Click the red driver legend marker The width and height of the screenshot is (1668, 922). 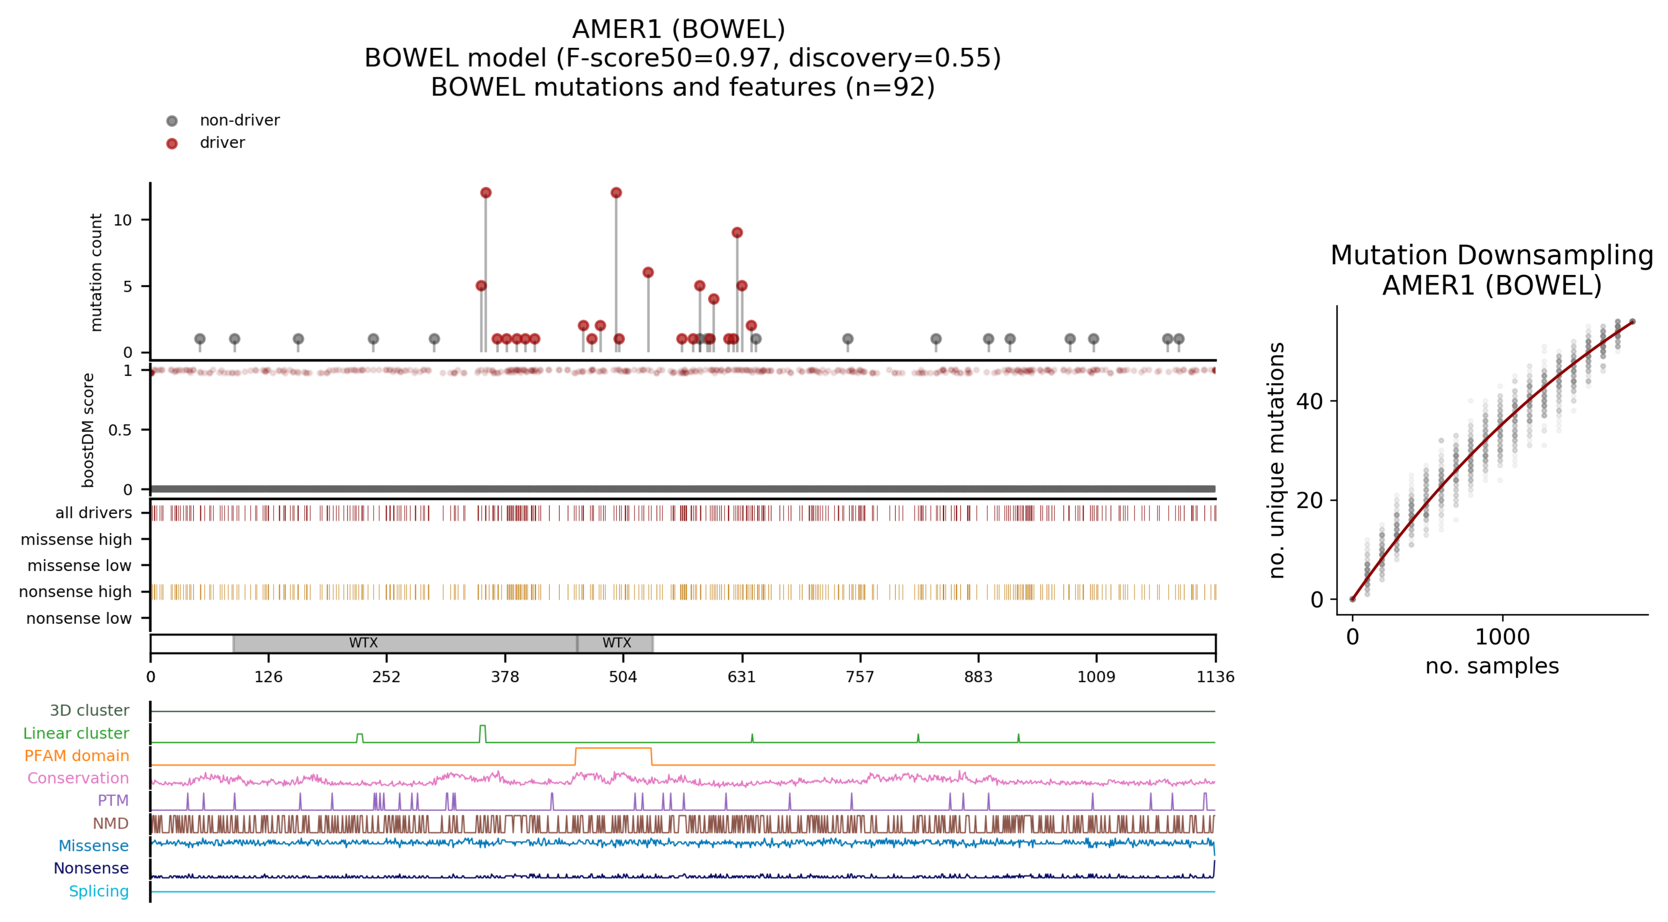point(172,143)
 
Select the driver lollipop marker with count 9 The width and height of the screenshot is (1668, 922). point(737,233)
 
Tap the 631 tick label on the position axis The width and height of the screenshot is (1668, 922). point(741,677)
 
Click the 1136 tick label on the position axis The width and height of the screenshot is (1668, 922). point(1215,677)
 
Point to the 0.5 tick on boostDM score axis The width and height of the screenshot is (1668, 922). point(120,430)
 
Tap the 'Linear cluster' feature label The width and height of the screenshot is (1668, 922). point(76,733)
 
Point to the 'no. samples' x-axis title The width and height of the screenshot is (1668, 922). point(1492,666)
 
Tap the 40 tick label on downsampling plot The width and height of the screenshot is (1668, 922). point(1309,401)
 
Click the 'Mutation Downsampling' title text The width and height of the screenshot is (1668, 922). point(1492,255)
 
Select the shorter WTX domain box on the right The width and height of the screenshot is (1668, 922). point(616,643)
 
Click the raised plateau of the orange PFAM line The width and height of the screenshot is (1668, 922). point(613,748)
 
